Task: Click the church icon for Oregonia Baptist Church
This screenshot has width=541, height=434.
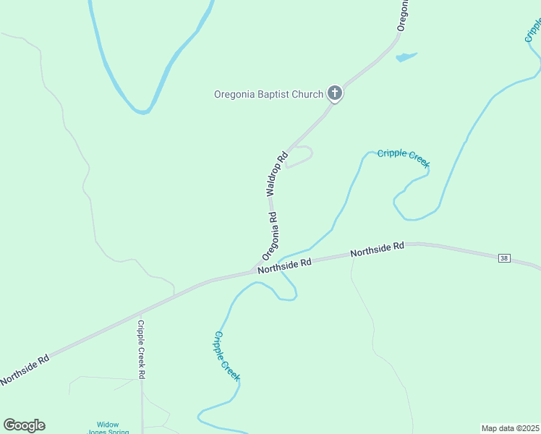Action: point(334,93)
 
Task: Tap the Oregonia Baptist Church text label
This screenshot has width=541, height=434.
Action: point(268,94)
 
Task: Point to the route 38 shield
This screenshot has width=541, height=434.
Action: point(504,258)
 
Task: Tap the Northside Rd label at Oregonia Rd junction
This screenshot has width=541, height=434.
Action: point(284,265)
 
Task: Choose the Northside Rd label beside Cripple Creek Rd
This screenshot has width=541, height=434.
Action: point(25,370)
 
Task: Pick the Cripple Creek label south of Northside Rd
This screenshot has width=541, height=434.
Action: point(226,355)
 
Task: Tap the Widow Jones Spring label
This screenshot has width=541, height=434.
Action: point(108,427)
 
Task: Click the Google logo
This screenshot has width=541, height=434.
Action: point(24,425)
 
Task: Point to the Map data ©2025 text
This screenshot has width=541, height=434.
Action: point(511,427)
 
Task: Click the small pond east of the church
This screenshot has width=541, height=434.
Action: point(406,56)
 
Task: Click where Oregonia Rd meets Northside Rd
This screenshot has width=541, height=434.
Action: point(255,271)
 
